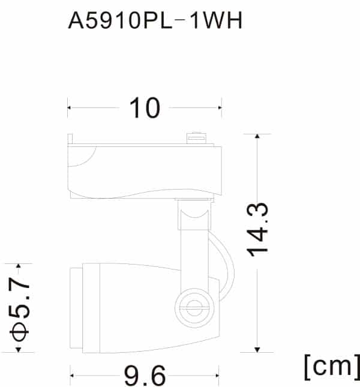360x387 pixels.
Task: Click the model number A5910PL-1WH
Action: click(x=155, y=21)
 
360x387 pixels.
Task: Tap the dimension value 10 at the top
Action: click(x=145, y=108)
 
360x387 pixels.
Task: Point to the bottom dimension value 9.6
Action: click(x=145, y=376)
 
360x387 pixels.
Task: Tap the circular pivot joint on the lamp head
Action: click(x=193, y=308)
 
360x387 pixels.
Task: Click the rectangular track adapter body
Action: click(x=144, y=171)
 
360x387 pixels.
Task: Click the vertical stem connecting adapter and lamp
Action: click(x=193, y=246)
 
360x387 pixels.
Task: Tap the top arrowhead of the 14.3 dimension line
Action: click(x=258, y=137)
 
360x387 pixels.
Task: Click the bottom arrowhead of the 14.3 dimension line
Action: click(x=258, y=350)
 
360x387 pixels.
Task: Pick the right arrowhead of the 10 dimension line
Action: click(x=220, y=108)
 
